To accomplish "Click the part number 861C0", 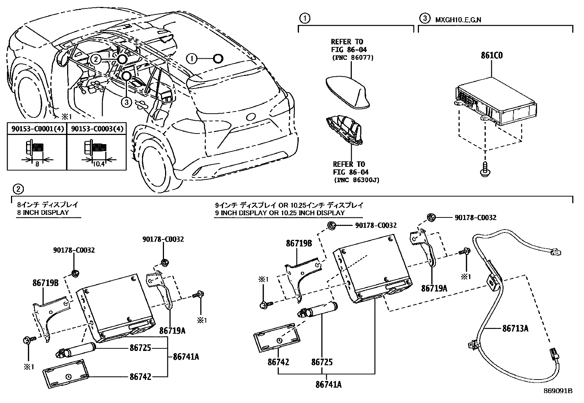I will click(492, 56).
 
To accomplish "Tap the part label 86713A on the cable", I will click(515, 329).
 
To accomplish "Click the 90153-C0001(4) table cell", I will click(37, 129).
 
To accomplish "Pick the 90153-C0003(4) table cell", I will click(97, 129).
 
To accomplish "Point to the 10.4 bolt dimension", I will click(98, 164).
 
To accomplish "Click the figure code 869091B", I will click(558, 391).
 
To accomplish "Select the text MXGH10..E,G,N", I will click(458, 19).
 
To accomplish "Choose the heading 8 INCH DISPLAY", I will click(43, 212).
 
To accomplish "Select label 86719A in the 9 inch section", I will click(434, 288).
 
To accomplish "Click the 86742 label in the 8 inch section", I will click(140, 376).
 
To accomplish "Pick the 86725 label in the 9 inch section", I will click(322, 362).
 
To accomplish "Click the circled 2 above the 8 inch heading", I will click(18, 189).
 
